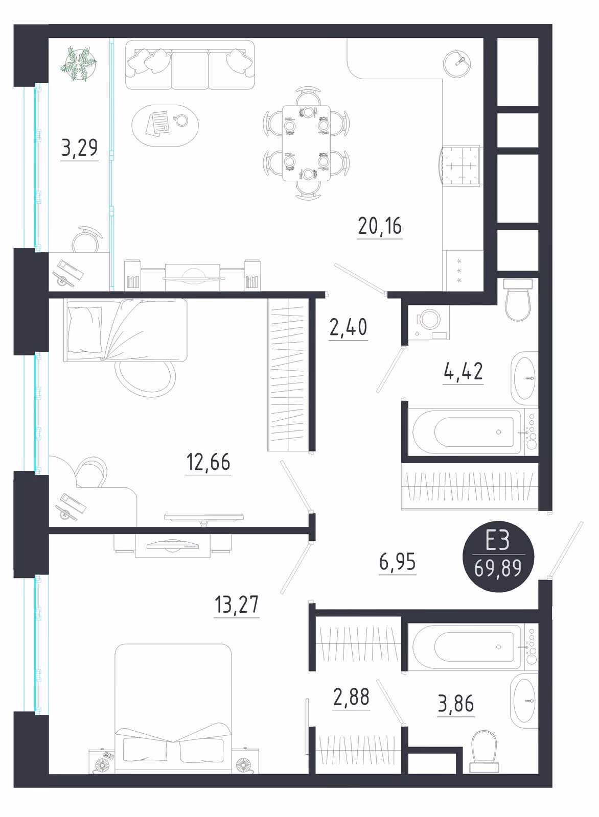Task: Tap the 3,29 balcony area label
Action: coord(80,148)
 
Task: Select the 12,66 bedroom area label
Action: coord(208,462)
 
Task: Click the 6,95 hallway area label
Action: coord(398,562)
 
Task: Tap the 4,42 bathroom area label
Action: coord(463,371)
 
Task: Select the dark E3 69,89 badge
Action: coord(498,557)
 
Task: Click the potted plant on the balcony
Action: coord(79,64)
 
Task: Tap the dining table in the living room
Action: coord(307,143)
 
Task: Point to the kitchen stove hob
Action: coord(461,166)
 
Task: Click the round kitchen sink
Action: coord(457,64)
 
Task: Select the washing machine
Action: coord(429,322)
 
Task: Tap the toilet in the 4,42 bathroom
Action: coord(518,299)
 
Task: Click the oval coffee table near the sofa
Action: coord(165,126)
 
